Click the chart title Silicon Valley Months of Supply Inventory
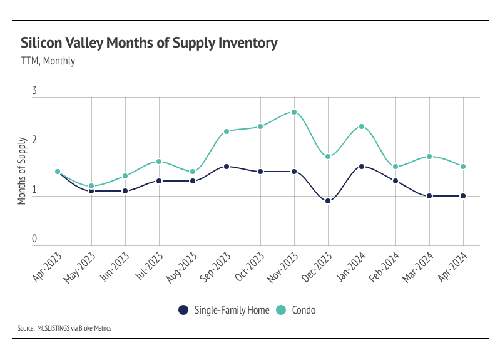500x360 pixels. [149, 43]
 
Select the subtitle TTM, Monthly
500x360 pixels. [48, 61]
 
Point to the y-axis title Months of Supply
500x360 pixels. [22, 170]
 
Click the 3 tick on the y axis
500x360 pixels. [34, 91]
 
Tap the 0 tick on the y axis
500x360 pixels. [34, 239]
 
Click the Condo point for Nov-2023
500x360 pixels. [294, 112]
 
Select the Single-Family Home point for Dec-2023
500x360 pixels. [328, 201]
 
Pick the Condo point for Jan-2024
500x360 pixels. [362, 126]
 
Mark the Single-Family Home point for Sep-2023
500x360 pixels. [227, 167]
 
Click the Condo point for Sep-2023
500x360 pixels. [227, 131]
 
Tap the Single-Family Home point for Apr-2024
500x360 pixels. [463, 196]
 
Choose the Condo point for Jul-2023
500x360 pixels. [159, 162]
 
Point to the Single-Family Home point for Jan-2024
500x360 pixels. [362, 167]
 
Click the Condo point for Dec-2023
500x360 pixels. [328, 157]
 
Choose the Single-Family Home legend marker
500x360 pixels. [183, 310]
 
